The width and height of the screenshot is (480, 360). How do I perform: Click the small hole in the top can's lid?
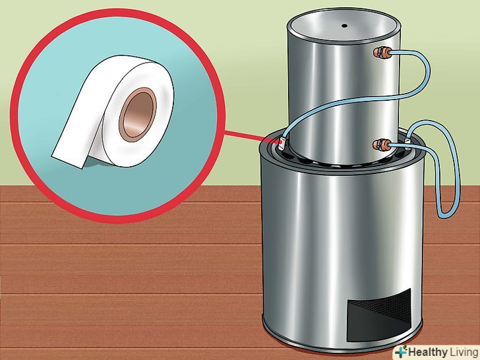click(x=344, y=26)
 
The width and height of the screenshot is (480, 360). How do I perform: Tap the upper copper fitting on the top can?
click(x=382, y=53)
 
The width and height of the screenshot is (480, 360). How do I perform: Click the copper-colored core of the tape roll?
click(x=138, y=114)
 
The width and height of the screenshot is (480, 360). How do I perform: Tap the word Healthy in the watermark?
click(x=428, y=351)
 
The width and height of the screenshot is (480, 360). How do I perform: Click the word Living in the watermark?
click(x=463, y=351)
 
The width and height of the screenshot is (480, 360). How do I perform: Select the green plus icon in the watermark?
click(x=402, y=351)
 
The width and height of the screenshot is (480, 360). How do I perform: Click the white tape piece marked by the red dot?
click(x=282, y=143)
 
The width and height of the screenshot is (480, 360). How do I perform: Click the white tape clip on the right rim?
click(x=407, y=144)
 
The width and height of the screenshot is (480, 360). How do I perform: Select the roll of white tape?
click(x=114, y=111)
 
